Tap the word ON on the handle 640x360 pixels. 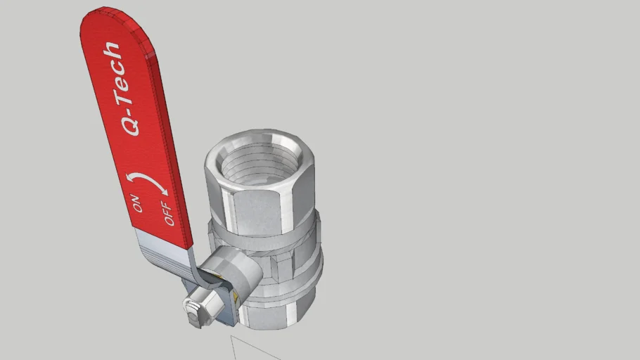pyautogui.click(x=137, y=202)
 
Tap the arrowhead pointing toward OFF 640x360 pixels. pyautogui.click(x=162, y=191)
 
